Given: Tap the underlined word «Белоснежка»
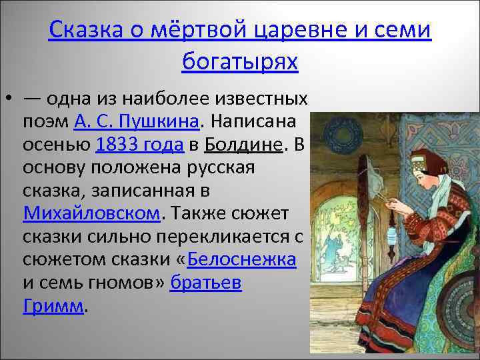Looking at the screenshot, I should point(243,259).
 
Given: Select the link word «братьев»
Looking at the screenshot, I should point(205,283).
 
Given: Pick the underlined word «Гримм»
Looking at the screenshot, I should point(54,305).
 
